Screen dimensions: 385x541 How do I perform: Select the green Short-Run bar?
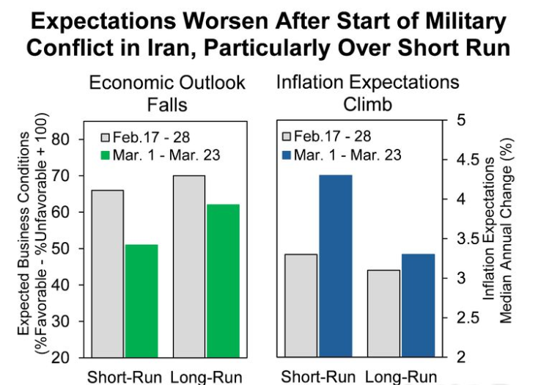pos(141,301)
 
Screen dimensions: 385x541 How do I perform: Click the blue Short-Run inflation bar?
pos(336,266)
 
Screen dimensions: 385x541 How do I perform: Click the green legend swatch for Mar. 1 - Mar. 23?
pos(105,155)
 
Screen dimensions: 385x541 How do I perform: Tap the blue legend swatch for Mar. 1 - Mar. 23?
pos(287,155)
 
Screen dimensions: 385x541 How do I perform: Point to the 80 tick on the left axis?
pos(62,139)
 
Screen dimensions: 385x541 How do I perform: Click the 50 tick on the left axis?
pos(62,249)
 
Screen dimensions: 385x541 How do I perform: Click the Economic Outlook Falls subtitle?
pos(166,92)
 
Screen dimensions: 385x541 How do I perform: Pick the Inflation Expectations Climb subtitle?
pos(367,92)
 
